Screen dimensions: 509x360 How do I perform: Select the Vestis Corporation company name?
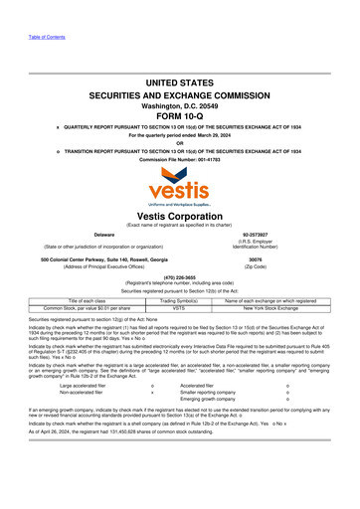pos(180,215)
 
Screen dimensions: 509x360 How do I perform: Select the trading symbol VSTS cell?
pos(180,308)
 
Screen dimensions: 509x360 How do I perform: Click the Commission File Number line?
pos(180,159)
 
